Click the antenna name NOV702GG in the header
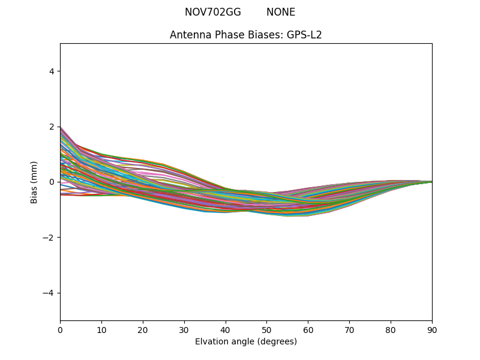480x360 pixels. point(212,12)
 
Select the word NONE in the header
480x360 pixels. point(281,12)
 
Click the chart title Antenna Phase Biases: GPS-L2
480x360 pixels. point(246,35)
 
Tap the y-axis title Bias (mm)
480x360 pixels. point(34,182)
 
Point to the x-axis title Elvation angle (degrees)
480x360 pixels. point(246,341)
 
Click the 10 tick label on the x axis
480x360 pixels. point(101,329)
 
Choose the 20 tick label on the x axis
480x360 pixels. point(143,329)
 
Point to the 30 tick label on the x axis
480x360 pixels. point(184,329)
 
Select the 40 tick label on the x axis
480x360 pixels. point(226,329)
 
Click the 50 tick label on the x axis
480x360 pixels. point(266,329)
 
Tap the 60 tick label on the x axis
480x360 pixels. point(308,329)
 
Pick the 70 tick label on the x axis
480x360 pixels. point(349,329)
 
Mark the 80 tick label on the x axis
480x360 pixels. point(391,329)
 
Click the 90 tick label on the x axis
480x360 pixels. point(432,329)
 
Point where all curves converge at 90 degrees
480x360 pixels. point(431,182)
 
